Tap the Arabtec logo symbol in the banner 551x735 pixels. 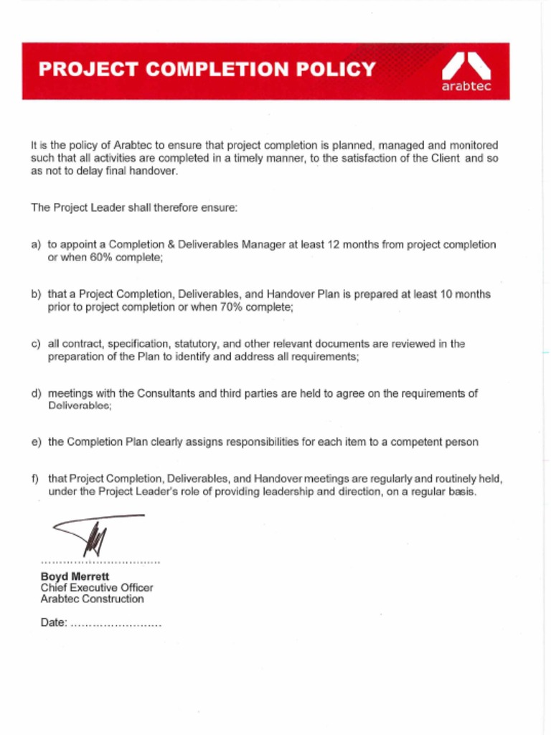[x=466, y=66]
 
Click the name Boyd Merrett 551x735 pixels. [x=75, y=576]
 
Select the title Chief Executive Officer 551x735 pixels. [x=96, y=588]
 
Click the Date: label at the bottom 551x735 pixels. [x=54, y=623]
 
